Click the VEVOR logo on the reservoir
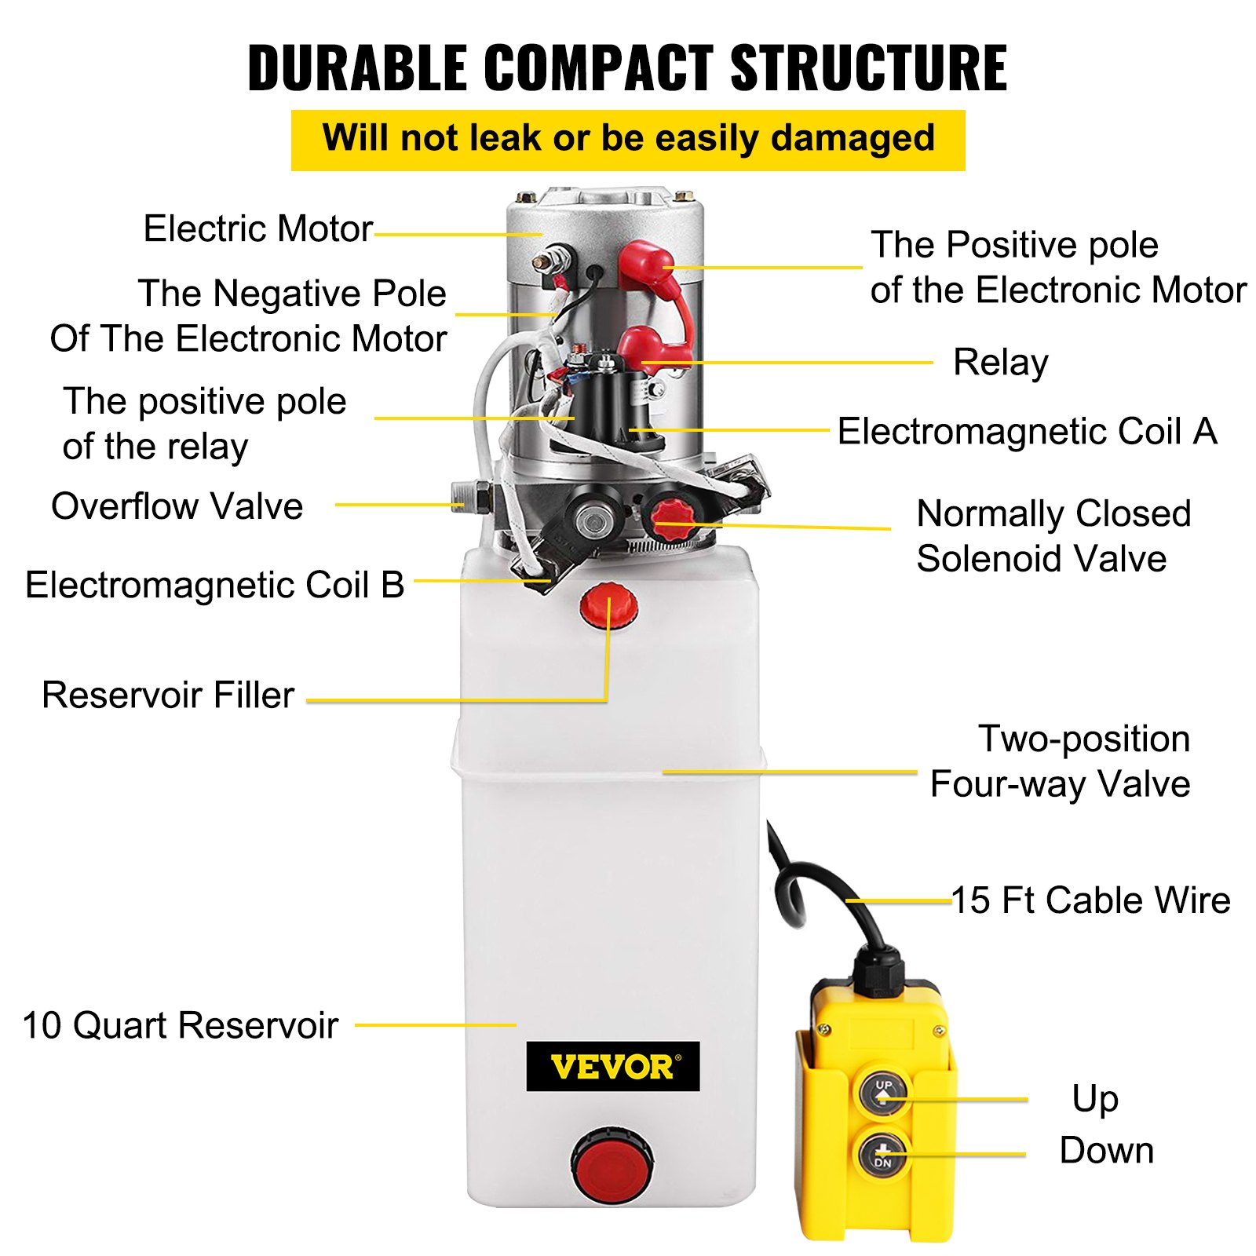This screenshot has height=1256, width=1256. pyautogui.click(x=612, y=1066)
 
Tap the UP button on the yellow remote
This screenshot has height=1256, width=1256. pyautogui.click(x=883, y=1091)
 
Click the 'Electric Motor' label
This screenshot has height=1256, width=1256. pyautogui.click(x=257, y=229)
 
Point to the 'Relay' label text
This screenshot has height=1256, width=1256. pyautogui.click(x=1000, y=363)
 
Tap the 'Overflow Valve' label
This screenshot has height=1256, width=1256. pyautogui.click(x=177, y=506)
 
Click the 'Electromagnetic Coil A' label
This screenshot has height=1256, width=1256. pyautogui.click(x=1027, y=432)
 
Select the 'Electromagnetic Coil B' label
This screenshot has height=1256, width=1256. pyautogui.click(x=214, y=586)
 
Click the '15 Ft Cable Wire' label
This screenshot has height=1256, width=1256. pyautogui.click(x=1090, y=900)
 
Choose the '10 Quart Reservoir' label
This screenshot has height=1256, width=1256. pyautogui.click(x=181, y=1026)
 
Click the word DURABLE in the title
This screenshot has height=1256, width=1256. pyautogui.click(x=357, y=68)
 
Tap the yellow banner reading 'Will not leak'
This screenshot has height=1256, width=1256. pyautogui.click(x=628, y=139)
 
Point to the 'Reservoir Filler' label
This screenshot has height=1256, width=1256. pyautogui.click(x=168, y=696)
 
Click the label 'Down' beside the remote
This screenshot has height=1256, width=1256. pyautogui.click(x=1106, y=1151)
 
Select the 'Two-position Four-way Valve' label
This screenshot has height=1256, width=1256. pyautogui.click(x=1060, y=761)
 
